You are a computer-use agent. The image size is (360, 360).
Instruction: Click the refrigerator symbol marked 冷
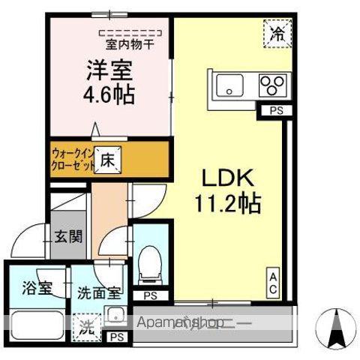click(x=277, y=32)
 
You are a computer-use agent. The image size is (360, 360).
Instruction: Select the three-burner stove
click(x=271, y=85)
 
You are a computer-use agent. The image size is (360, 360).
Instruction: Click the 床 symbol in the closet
click(x=107, y=160)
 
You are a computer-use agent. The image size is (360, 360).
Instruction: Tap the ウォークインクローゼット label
click(x=73, y=160)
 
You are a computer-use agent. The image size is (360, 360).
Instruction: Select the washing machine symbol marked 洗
click(x=87, y=327)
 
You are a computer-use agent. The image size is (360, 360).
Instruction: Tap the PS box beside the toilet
click(x=151, y=295)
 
